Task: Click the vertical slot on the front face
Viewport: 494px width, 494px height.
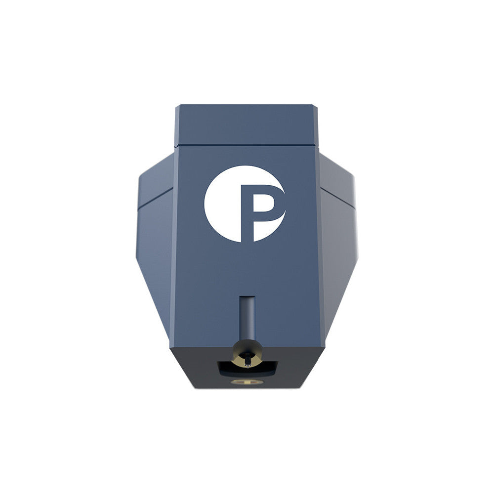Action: (x=247, y=316)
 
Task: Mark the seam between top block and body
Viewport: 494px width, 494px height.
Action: (x=247, y=146)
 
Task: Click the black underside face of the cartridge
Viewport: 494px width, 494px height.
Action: (x=198, y=368)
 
